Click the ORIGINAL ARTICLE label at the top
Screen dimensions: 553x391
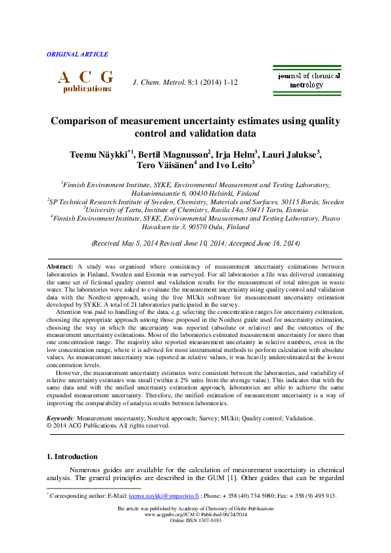78,55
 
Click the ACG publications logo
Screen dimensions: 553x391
85,81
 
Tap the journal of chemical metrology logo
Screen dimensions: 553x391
308,80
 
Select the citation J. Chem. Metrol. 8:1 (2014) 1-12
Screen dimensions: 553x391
185,82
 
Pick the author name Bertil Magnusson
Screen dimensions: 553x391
173,155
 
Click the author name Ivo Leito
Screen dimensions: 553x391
233,167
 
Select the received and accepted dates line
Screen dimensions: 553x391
195,242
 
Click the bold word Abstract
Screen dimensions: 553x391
60,266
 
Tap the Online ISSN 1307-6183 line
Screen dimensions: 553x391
195,520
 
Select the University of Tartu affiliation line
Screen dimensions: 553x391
195,209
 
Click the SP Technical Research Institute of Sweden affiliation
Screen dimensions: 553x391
195,202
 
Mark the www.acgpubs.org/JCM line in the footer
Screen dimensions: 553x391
195,514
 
